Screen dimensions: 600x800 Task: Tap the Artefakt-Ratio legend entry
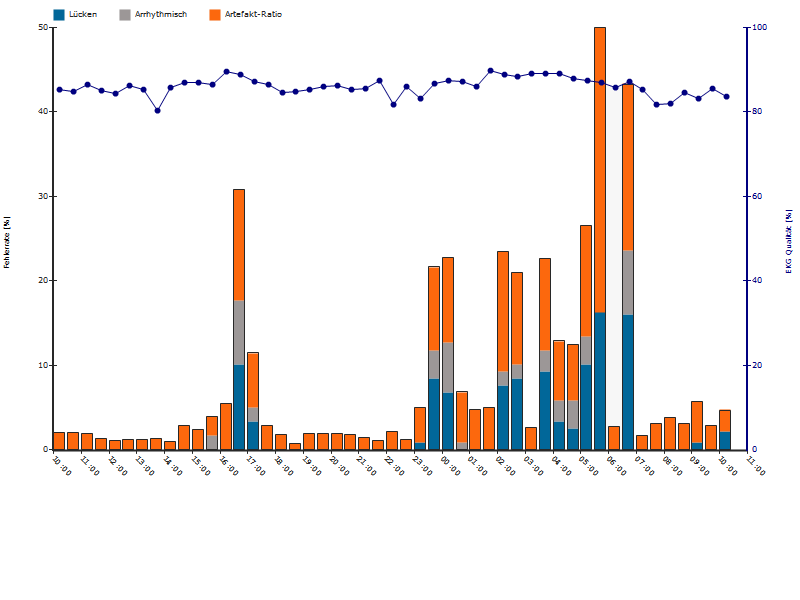click(246, 15)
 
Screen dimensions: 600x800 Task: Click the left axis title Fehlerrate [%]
click(8, 241)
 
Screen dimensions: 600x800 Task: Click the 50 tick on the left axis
click(43, 27)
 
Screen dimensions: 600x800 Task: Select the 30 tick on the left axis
click(43, 196)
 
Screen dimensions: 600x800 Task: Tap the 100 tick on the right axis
click(760, 27)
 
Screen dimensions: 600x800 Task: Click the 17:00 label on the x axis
click(255, 466)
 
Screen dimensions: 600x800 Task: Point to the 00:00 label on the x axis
click(449, 466)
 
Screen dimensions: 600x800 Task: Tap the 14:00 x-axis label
click(172, 466)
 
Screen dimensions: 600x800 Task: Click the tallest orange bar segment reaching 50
click(600, 170)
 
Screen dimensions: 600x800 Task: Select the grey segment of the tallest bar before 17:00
click(239, 332)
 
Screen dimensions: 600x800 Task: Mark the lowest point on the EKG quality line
click(157, 110)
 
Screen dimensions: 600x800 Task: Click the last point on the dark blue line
click(726, 97)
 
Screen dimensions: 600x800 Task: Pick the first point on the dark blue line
click(59, 89)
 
